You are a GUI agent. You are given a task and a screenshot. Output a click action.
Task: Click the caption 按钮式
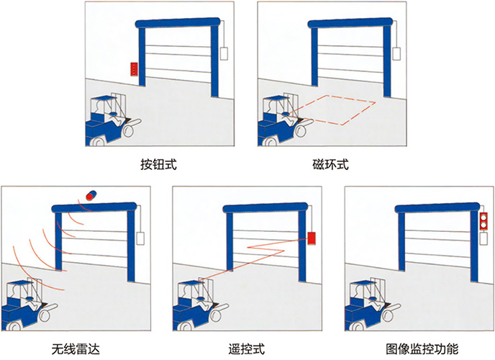[158, 165]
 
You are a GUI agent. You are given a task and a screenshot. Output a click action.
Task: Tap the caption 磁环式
[331, 165]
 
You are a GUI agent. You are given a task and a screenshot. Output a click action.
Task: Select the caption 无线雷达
[76, 349]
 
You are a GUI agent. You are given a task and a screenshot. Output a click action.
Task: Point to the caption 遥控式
[247, 349]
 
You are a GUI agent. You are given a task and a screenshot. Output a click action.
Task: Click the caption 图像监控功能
[422, 349]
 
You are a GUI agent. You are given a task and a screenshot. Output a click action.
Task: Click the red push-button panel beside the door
[135, 69]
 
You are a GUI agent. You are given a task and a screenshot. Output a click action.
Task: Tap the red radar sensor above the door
[91, 195]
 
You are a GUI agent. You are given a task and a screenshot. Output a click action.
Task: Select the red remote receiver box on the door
[312, 238]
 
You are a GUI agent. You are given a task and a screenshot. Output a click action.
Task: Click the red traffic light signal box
[483, 221]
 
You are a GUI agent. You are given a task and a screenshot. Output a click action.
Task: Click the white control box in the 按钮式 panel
[224, 53]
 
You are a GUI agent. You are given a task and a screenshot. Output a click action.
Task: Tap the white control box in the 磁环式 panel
[396, 53]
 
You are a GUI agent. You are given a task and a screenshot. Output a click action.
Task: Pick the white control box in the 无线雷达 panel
[141, 238]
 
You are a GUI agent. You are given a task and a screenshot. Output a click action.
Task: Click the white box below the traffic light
[483, 238]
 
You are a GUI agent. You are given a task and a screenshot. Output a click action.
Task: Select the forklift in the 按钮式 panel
[113, 120]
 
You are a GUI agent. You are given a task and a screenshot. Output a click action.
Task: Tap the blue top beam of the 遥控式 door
[265, 208]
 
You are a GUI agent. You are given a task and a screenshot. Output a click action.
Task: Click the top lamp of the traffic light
[483, 217]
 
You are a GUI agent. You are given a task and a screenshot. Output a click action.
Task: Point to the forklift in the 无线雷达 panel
[29, 305]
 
